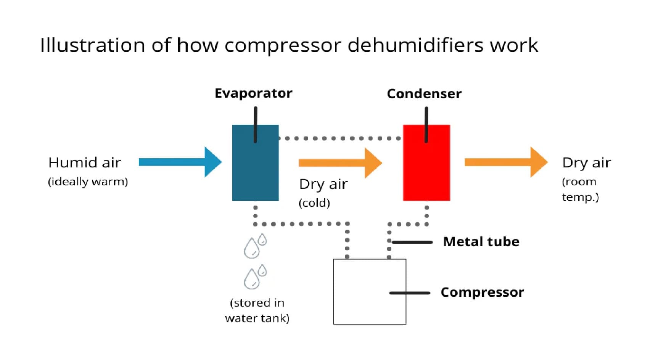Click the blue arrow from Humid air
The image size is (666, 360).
coord(179,162)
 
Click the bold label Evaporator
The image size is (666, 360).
coord(253,93)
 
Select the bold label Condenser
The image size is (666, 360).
coord(424,94)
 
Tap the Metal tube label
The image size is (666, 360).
coord(481,241)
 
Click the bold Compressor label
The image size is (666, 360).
coord(482,292)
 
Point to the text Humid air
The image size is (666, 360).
coord(84,162)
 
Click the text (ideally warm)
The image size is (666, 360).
coord(88,182)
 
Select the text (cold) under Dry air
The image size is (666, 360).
coord(314,203)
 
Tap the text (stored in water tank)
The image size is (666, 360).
coord(257,310)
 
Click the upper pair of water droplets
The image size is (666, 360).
coord(255,246)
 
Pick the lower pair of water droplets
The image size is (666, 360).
coord(255,277)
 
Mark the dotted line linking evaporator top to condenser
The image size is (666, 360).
coord(339,138)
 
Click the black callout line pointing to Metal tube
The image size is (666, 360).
coord(412,242)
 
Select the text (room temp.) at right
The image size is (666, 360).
coord(580,189)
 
